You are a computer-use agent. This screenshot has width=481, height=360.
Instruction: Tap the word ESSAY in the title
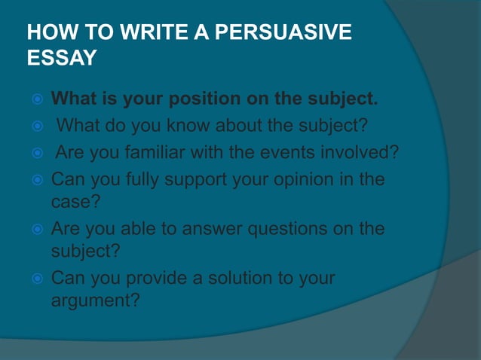[x=61, y=59]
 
